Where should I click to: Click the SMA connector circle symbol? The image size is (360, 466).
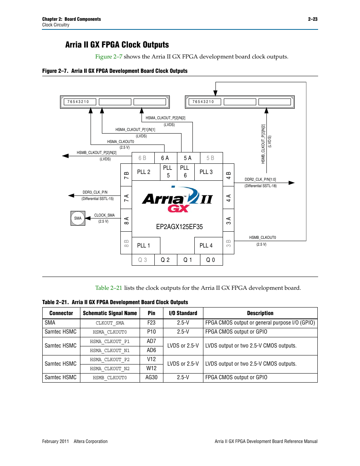[x=78, y=218]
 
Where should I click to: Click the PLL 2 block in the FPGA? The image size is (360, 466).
[x=143, y=172]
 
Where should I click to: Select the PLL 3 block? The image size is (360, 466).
[x=206, y=172]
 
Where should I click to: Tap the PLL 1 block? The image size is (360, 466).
[x=143, y=246]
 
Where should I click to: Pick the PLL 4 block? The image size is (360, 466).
[x=206, y=246]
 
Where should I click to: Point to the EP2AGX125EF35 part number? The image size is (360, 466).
[x=179, y=227]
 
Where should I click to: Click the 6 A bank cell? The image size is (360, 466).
[x=165, y=158]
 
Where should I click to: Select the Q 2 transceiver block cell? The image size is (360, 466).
[x=165, y=260]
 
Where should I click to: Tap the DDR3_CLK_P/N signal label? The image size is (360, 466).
[x=95, y=192]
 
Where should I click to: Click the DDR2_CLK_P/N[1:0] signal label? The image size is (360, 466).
[x=260, y=180]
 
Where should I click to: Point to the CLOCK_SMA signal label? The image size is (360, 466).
[x=105, y=215]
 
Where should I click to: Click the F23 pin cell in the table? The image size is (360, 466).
[x=151, y=323]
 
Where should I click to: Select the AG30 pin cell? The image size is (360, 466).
[x=151, y=377]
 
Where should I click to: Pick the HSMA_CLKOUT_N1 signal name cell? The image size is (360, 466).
[x=110, y=351]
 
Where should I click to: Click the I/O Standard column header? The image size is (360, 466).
[x=183, y=313]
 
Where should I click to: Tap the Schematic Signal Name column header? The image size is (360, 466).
[x=110, y=313]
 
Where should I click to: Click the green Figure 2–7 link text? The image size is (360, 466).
[x=109, y=57]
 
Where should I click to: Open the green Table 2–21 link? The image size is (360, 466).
[x=109, y=288]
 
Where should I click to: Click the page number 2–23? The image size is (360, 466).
[x=312, y=19]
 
